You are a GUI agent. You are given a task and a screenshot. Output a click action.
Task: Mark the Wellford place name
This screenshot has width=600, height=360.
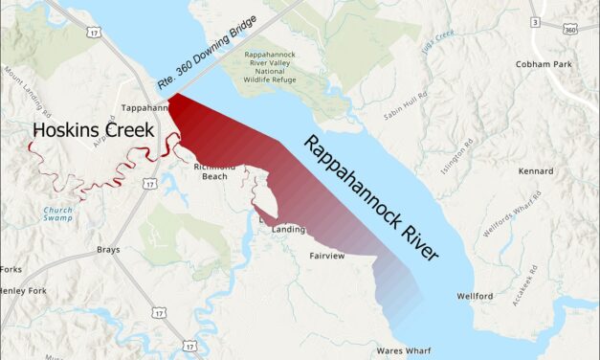[x=475, y=297]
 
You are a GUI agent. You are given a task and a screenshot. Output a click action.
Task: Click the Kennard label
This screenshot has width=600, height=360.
[x=535, y=171]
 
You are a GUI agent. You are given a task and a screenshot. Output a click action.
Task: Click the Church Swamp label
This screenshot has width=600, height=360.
[x=56, y=214]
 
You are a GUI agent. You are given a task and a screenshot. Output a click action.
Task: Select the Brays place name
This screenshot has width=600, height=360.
[x=108, y=250]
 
